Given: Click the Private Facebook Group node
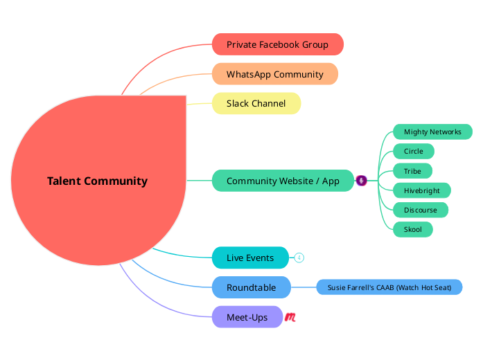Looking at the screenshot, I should click(277, 44).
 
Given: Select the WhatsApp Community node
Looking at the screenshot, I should click(274, 74).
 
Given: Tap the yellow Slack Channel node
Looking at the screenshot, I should click(256, 104).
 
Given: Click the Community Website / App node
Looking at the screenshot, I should click(283, 181).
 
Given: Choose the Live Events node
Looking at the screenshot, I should click(249, 258).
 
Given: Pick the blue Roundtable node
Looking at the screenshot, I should click(251, 287).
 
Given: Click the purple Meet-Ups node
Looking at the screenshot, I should click(247, 317).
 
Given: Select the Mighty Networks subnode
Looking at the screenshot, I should click(432, 132).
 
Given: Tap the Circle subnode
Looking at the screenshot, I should click(413, 151).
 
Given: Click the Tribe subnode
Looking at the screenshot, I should click(412, 170).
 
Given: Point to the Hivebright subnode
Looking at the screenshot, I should click(421, 190).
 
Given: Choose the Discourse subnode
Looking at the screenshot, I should click(420, 210).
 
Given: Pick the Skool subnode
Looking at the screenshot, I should click(412, 229).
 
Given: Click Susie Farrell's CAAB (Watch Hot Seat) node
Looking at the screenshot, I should click(389, 287).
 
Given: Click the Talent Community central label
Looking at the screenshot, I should click(97, 181).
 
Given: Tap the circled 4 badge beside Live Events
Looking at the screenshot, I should click(299, 258).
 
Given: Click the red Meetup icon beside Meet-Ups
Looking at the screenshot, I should click(291, 317).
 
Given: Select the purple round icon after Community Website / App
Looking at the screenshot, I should click(361, 181).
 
